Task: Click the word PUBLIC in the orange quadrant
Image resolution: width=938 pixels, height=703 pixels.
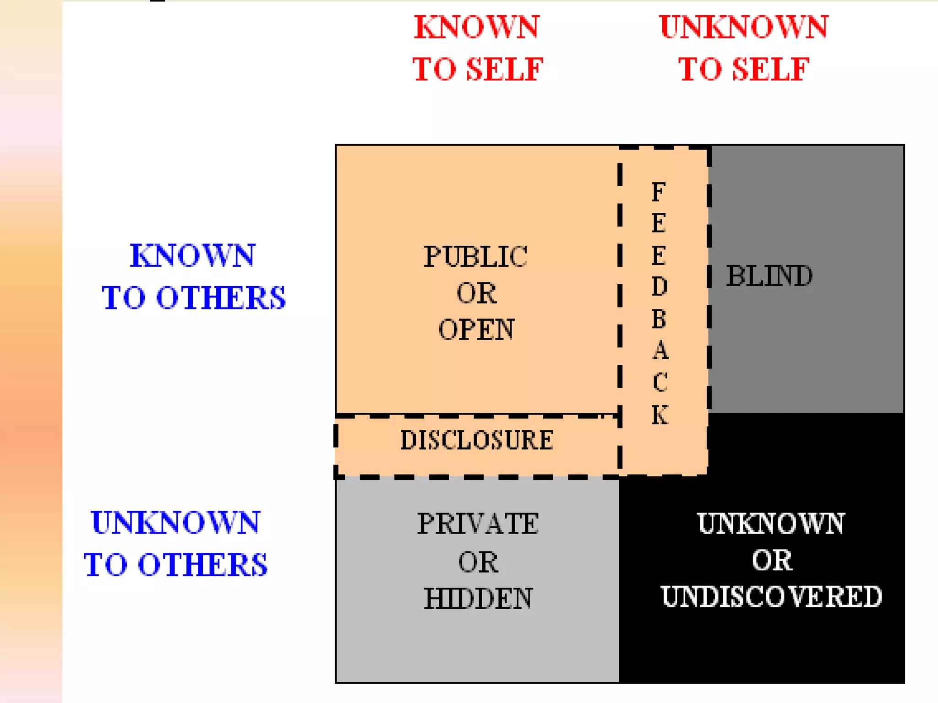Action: (475, 256)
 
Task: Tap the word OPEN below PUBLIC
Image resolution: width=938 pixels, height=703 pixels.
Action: (476, 329)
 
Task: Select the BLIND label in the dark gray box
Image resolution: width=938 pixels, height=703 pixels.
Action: (769, 276)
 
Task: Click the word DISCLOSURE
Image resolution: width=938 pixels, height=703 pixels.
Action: (477, 440)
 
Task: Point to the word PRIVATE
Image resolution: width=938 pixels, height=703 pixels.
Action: (478, 524)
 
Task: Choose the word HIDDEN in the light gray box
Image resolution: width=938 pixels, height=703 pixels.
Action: (478, 598)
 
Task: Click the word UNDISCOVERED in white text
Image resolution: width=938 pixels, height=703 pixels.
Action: (771, 596)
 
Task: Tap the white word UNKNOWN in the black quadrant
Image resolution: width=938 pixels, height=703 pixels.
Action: (771, 524)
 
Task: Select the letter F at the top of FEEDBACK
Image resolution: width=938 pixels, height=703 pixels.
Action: (659, 192)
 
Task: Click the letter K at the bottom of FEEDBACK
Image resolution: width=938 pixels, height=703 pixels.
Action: (660, 415)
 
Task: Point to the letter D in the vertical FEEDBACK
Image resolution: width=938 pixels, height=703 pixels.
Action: (660, 287)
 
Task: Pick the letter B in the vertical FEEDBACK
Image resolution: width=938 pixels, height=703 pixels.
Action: (659, 319)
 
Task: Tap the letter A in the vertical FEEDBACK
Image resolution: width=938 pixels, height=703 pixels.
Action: (660, 351)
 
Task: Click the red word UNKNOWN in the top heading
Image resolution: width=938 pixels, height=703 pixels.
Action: (743, 27)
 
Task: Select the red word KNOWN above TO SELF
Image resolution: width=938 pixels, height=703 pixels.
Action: (477, 27)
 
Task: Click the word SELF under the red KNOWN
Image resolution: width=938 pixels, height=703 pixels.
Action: (504, 70)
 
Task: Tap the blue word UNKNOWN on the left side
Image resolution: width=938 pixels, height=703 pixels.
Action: (175, 523)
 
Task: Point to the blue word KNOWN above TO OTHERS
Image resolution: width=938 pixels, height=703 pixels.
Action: (192, 255)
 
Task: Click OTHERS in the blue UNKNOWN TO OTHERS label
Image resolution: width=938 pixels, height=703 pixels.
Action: (202, 564)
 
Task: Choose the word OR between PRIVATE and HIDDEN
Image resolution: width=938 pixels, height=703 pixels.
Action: (478, 562)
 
